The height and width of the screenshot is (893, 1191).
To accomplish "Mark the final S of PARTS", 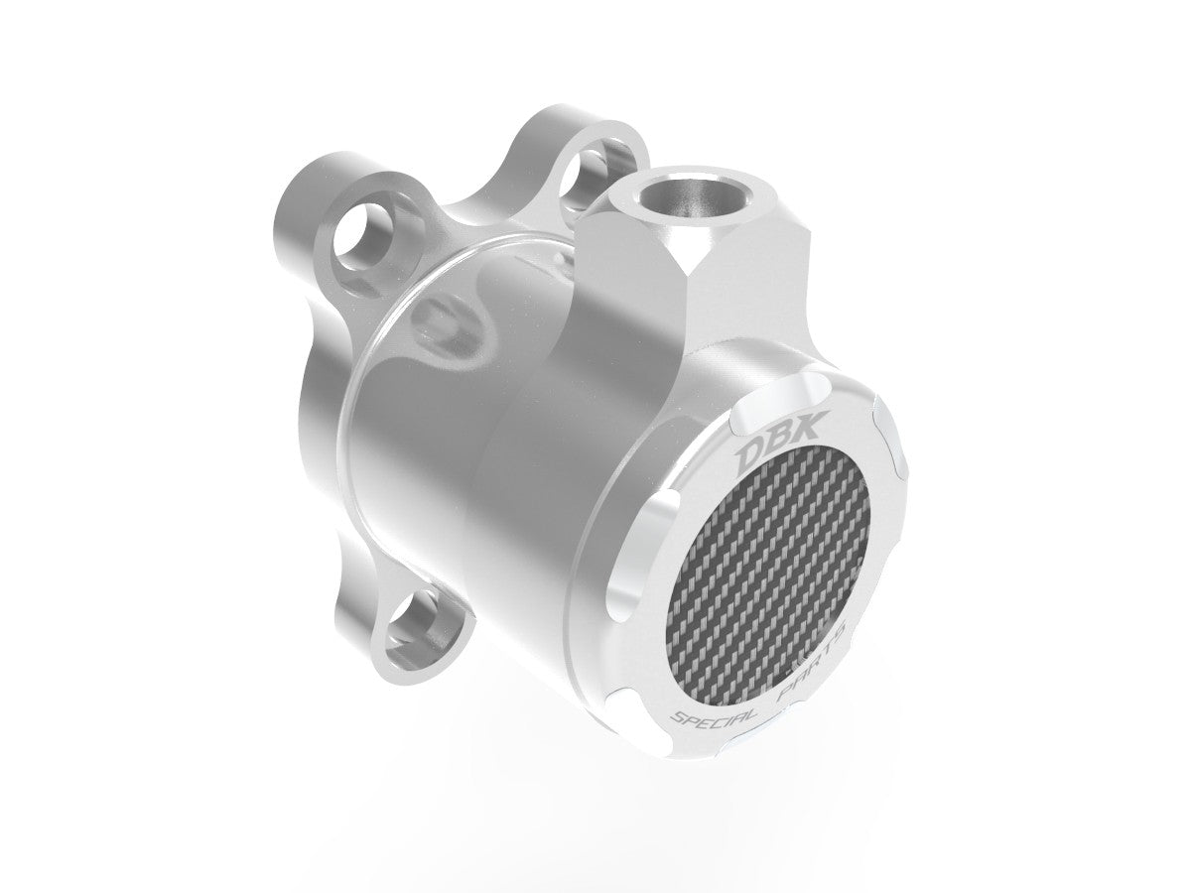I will [838, 631].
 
